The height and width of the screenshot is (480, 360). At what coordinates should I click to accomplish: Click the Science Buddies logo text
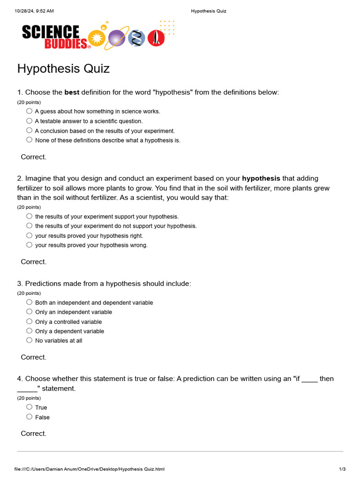[x=54, y=37]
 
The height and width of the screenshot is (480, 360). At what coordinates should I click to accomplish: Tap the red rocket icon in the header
[x=156, y=38]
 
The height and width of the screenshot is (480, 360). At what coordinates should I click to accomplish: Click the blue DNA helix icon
[x=136, y=38]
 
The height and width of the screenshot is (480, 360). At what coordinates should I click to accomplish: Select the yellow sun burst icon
[x=97, y=38]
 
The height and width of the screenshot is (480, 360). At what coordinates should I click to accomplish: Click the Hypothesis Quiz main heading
[x=63, y=68]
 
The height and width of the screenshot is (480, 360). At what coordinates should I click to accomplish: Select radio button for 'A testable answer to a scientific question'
[x=30, y=121]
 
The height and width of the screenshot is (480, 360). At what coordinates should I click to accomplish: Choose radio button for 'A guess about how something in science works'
[x=30, y=111]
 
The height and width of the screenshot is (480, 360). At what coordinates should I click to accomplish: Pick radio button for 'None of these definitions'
[x=30, y=140]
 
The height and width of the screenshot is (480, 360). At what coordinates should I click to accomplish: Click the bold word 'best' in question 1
[x=72, y=92]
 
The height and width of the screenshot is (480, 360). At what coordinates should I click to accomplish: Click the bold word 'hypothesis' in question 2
[x=261, y=178]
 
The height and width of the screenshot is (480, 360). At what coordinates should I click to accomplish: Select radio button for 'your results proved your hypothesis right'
[x=30, y=235]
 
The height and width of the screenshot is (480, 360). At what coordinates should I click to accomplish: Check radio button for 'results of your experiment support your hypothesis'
[x=30, y=216]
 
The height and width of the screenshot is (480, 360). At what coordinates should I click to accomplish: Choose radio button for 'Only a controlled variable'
[x=30, y=322]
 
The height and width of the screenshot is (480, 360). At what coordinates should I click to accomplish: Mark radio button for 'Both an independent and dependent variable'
[x=30, y=302]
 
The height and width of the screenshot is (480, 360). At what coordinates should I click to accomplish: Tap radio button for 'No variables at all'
[x=30, y=340]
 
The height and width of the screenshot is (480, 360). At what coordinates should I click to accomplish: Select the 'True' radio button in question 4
[x=30, y=407]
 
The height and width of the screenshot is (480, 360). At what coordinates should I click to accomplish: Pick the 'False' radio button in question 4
[x=30, y=417]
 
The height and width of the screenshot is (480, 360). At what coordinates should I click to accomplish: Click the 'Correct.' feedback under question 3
[x=34, y=357]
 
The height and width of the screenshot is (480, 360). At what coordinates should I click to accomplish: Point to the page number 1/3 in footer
[x=342, y=469]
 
